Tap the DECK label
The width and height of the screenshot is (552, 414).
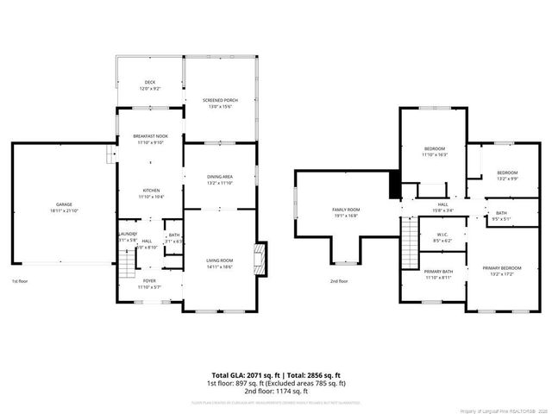[x=150, y=83]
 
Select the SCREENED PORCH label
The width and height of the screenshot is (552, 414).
[x=220, y=100]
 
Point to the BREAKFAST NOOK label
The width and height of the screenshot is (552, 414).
[x=150, y=136]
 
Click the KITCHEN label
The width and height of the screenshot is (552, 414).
[x=150, y=191]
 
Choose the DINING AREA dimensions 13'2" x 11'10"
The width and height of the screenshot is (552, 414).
[x=220, y=184]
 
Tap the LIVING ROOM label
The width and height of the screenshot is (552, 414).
[x=220, y=260]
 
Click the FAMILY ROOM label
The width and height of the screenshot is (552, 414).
[x=346, y=210]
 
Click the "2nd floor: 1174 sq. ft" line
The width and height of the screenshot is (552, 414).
[x=276, y=392]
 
